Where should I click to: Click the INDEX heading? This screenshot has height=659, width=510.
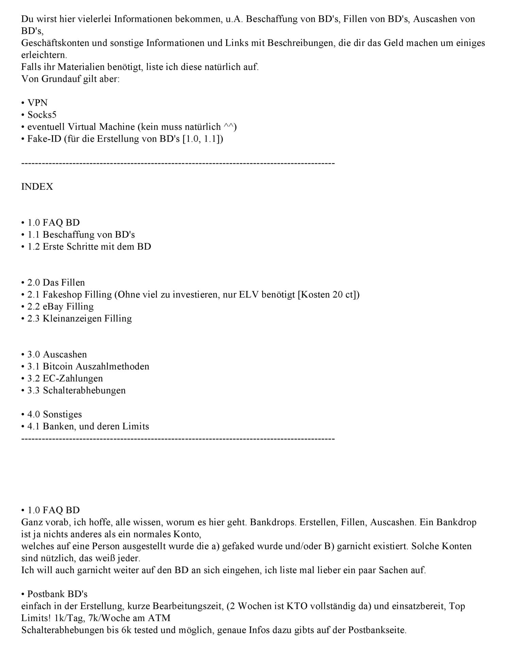[37, 187]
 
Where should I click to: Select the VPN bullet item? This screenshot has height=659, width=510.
[37, 103]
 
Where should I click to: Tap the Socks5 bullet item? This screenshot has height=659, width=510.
[42, 115]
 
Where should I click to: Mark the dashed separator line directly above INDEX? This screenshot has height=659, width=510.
[178, 164]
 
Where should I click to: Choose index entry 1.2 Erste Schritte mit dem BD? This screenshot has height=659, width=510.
[89, 246]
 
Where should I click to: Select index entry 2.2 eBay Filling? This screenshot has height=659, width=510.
[61, 306]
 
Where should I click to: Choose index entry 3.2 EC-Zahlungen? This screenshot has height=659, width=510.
[65, 378]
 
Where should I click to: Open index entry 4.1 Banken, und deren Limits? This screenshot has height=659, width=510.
[88, 426]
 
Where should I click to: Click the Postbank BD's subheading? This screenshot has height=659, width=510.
[57, 594]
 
